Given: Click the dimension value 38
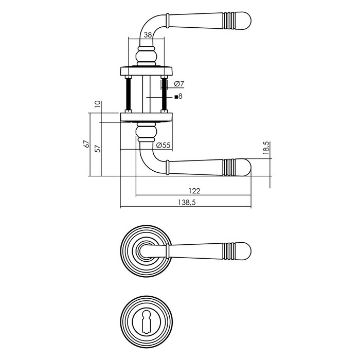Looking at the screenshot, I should pyautogui.click(x=148, y=35).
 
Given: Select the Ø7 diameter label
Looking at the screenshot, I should pyautogui.click(x=179, y=83).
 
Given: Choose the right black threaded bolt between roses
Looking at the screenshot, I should pyautogui.click(x=165, y=94).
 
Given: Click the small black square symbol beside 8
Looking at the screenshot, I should pyautogui.click(x=175, y=97).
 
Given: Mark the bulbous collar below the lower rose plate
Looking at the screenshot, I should pyautogui.click(x=147, y=133).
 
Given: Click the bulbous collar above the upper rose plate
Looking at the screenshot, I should pyautogui.click(x=147, y=55).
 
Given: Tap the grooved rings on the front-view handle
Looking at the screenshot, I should pyautogui.click(x=230, y=251).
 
